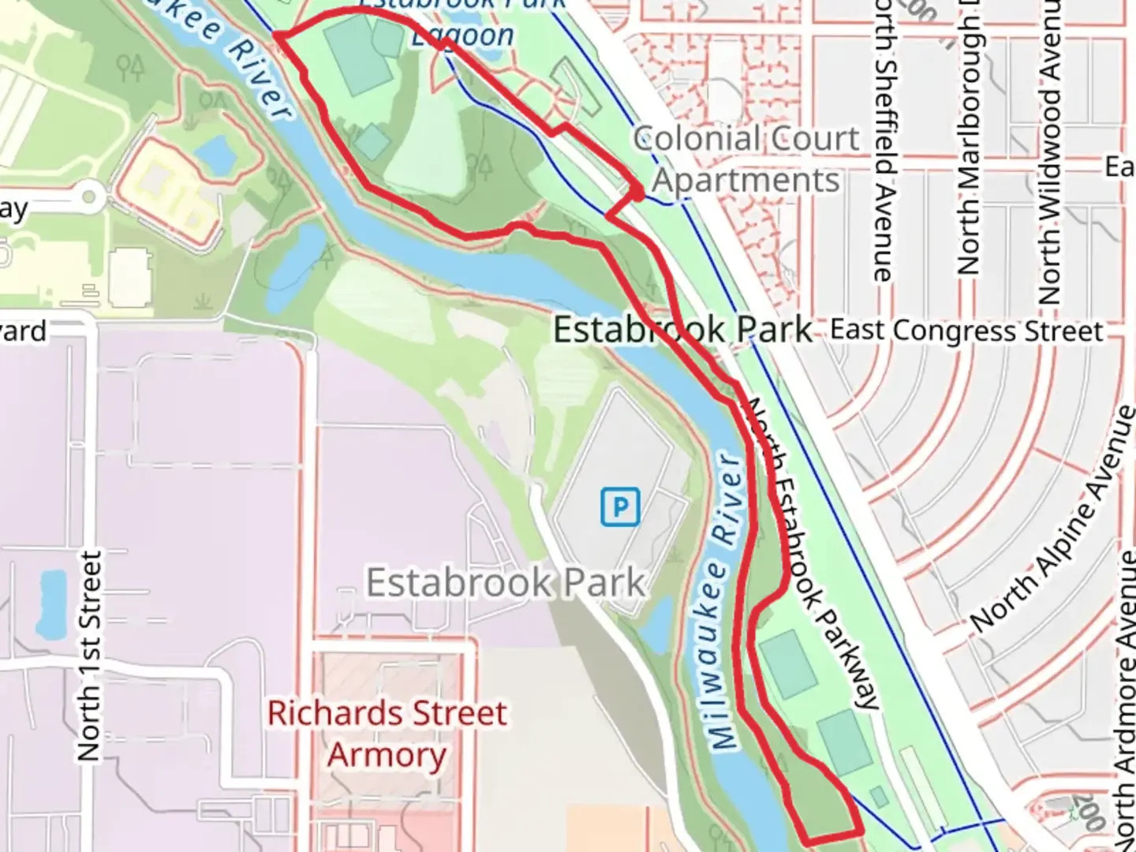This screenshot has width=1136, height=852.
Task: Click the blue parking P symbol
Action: coord(620,506)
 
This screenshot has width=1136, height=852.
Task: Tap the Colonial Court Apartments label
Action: coord(746,159)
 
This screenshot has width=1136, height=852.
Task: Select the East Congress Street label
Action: coord(966,330)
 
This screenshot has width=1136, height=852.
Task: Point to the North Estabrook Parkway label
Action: coord(813,552)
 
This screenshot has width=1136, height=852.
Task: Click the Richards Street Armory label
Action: coord(387,734)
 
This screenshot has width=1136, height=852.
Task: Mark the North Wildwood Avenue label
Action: coord(1049,150)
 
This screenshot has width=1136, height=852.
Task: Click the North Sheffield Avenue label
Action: coord(883,142)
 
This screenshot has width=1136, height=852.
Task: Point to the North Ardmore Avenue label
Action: coord(1123,631)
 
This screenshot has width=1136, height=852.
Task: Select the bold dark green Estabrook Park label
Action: coord(682,330)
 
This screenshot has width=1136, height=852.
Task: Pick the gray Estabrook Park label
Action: coord(506,583)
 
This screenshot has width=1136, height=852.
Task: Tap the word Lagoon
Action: coord(463,35)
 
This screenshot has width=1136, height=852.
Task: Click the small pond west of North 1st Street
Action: coord(52,603)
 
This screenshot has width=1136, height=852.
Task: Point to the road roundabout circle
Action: coord(89,196)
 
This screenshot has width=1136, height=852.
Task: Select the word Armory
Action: coord(387,755)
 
